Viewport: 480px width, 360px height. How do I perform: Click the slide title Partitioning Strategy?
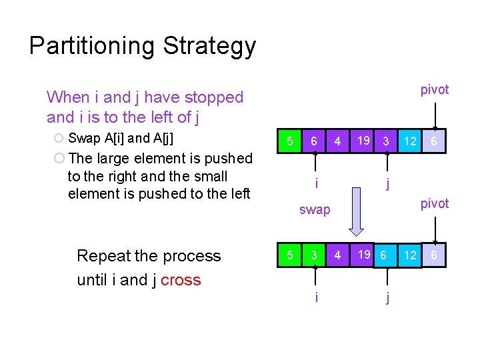coord(143,46)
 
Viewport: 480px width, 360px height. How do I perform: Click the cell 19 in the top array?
coord(363,141)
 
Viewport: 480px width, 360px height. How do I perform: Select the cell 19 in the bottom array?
coord(363,254)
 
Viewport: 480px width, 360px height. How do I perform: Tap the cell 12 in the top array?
coord(410,141)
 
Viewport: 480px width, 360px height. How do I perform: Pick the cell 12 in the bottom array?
coord(410,255)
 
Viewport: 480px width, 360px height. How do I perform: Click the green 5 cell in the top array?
coord(289,141)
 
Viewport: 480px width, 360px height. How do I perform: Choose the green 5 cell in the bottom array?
coord(289,255)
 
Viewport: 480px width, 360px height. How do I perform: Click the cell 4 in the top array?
coord(338,141)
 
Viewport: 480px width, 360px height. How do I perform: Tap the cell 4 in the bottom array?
coord(338,255)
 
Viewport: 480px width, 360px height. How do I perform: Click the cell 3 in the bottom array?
coord(313,255)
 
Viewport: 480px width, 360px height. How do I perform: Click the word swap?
coord(315,210)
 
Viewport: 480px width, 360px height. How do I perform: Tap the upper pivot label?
coord(435,90)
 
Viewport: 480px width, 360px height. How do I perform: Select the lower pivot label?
coord(435,204)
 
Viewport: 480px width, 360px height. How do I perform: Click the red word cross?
coord(181,280)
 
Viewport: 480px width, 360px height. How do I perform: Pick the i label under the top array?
coord(316,182)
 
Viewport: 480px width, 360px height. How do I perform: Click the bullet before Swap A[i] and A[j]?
coord(59,139)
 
